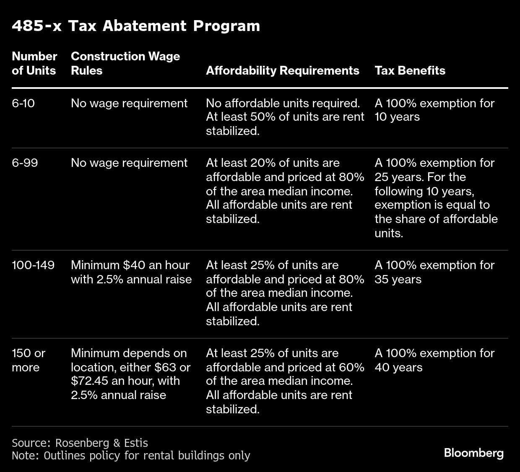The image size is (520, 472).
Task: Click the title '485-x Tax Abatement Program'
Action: coord(136,26)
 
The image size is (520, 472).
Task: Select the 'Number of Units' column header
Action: coord(34,63)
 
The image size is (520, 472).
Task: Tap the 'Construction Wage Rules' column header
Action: coord(125,63)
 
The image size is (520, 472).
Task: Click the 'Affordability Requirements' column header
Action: coord(282,70)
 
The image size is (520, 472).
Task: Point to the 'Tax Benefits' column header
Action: coord(410,70)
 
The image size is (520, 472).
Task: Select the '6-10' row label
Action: coord(23,103)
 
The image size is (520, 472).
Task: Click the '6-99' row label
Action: coord(25,163)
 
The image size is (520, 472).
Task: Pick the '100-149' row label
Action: coord(33,265)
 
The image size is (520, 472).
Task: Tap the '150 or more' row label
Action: coord(29,360)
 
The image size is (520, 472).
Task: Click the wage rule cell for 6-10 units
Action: coord(129,103)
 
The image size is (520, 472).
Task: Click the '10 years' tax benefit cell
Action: coord(434,110)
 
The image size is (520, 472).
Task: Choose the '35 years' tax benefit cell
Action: coord(434,272)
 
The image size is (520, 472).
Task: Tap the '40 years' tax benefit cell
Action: coord(434,360)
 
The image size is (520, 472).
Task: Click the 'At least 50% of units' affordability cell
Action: coord(285,117)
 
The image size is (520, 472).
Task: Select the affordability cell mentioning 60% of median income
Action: coord(285,381)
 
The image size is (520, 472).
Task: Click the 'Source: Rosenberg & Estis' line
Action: coord(80,443)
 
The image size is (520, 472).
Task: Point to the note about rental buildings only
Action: coord(131,456)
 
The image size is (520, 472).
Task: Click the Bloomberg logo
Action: coord(473,453)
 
